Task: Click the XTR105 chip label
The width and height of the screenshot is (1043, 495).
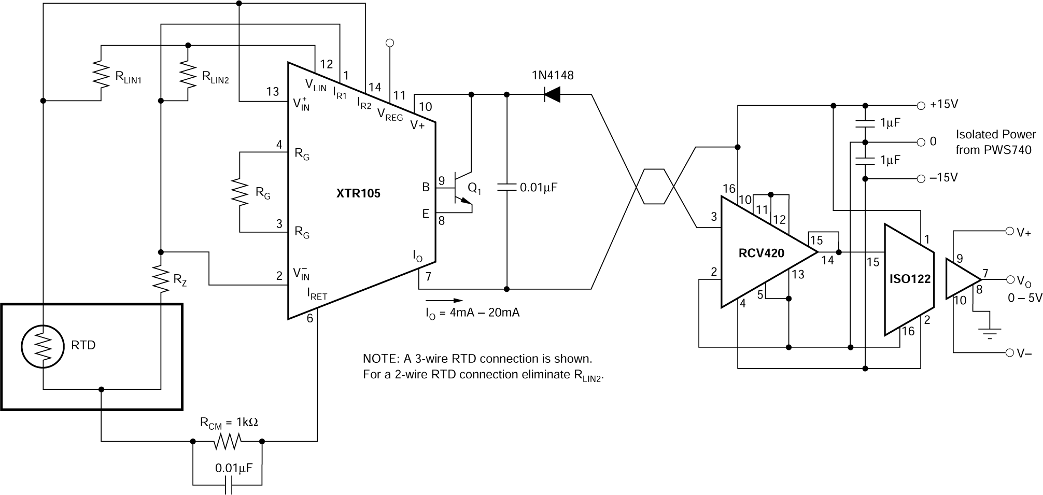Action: pos(358,193)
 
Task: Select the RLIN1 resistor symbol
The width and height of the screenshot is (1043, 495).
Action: pos(101,73)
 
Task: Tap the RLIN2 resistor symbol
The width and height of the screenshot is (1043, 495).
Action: pos(188,73)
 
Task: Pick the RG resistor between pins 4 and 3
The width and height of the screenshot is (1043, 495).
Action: pos(239,192)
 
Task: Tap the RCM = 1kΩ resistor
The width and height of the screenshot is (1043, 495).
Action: pos(227,442)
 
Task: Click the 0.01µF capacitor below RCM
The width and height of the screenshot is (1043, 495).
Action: pos(228,486)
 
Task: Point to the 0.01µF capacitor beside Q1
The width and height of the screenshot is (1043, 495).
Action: pos(506,187)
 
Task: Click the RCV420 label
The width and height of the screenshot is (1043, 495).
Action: pos(761,253)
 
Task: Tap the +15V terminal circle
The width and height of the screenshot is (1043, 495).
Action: pos(921,105)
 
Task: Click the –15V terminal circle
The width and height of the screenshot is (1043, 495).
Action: pos(921,179)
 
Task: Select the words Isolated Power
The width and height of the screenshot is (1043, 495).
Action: pos(995,135)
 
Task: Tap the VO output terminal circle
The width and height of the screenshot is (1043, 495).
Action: pos(1010,279)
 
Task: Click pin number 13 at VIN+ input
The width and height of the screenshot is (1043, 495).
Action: pos(273,92)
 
